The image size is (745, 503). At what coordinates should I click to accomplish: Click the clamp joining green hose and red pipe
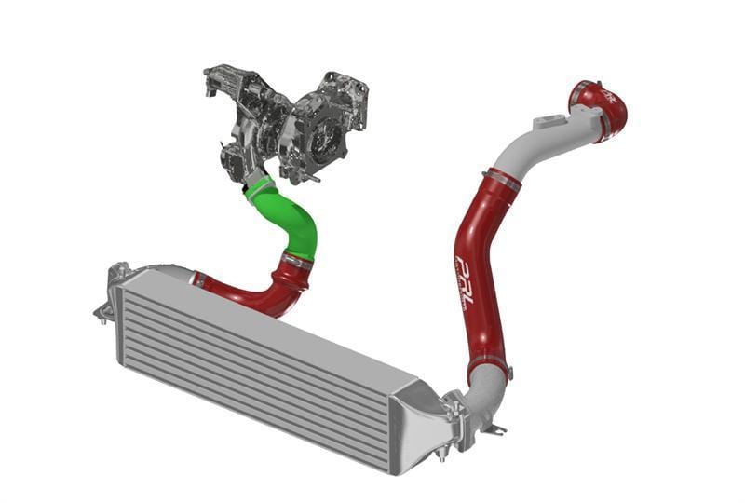297,264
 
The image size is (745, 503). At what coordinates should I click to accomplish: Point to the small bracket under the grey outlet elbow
494,430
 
